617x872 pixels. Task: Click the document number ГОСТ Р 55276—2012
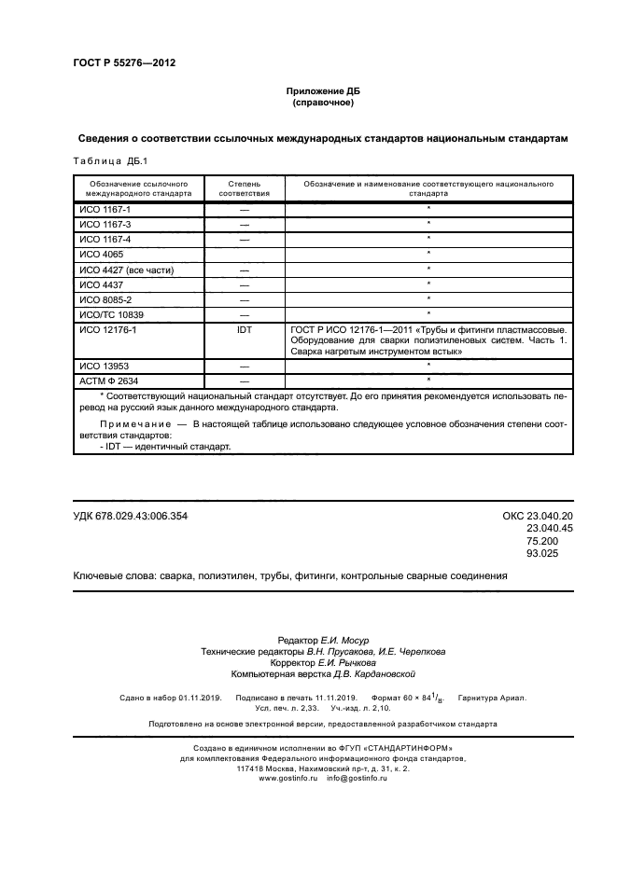124,62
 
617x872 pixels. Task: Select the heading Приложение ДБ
322,90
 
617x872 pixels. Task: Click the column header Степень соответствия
245,189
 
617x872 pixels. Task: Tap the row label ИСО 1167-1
105,211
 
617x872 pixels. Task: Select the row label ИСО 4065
102,254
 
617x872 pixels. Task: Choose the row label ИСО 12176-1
108,329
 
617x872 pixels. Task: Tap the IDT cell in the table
245,329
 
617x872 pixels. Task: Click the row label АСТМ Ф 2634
110,381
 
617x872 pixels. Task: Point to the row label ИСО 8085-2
105,298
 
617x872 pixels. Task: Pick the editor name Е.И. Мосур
346,640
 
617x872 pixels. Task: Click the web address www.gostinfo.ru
288,778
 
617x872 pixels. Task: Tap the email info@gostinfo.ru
357,778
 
